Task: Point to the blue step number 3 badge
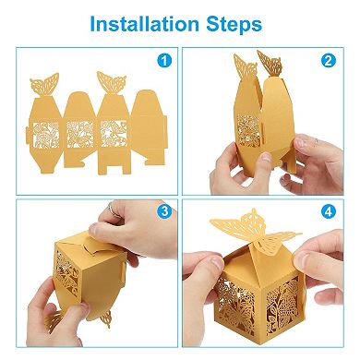coord(165,211)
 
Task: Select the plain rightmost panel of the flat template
coord(146,129)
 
